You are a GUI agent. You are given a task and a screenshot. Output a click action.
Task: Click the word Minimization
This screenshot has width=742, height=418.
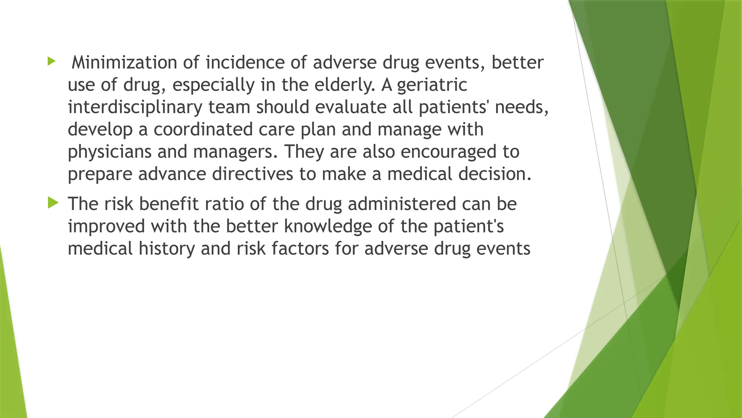point(124,62)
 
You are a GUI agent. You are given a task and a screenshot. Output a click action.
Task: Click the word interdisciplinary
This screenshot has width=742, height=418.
point(135,108)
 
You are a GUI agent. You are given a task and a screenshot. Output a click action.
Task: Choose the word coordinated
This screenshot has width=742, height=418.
point(203,130)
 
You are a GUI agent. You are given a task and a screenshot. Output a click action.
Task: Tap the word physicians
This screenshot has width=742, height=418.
point(109,152)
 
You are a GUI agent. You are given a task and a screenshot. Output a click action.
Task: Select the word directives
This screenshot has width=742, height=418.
point(252,174)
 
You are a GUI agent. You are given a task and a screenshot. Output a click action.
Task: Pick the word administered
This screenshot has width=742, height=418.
point(402,204)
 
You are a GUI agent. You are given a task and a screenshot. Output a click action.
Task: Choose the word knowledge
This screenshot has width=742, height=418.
point(328,226)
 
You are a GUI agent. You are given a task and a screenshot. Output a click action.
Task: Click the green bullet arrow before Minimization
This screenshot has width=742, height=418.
point(52,61)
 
